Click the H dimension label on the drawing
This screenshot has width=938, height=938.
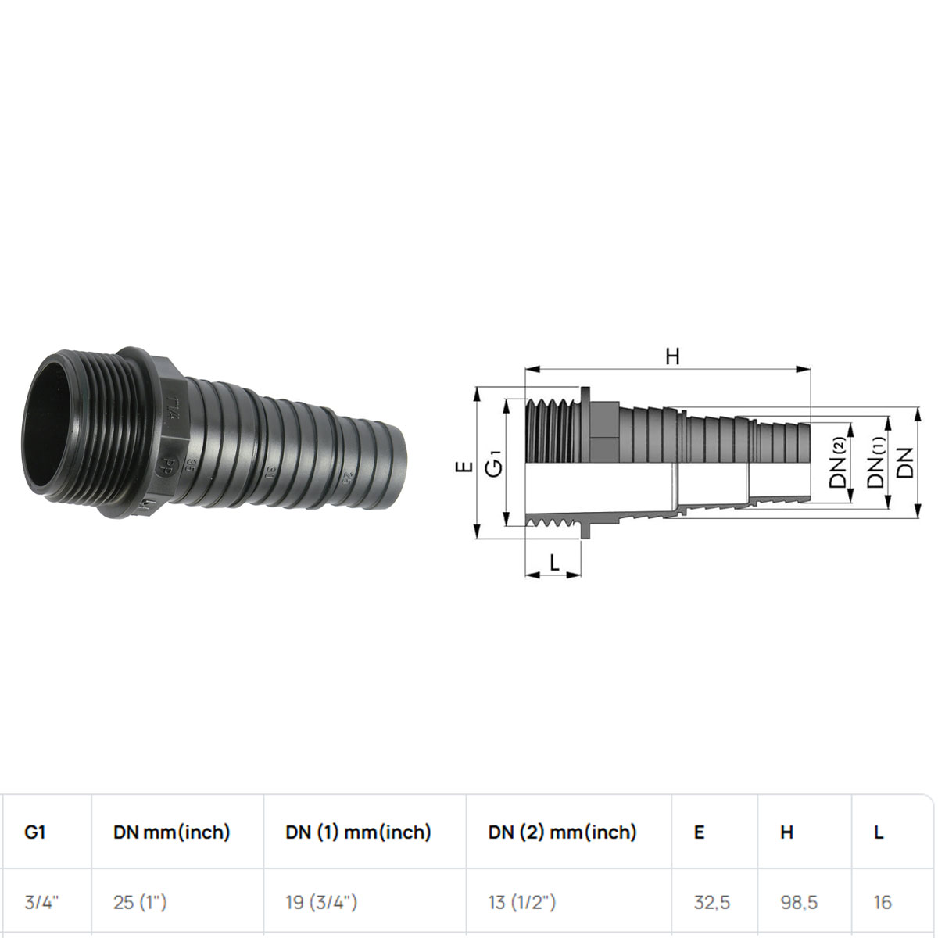672,356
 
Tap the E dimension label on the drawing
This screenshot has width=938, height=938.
464,467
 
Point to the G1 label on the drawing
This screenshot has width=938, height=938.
494,464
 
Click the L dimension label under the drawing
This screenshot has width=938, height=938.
554,563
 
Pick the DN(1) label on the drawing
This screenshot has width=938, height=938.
876,462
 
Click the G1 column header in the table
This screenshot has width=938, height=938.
35,832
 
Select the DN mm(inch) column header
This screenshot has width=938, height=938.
171,832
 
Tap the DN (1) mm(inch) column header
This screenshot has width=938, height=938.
358,832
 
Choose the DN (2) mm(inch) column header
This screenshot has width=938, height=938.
562,832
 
